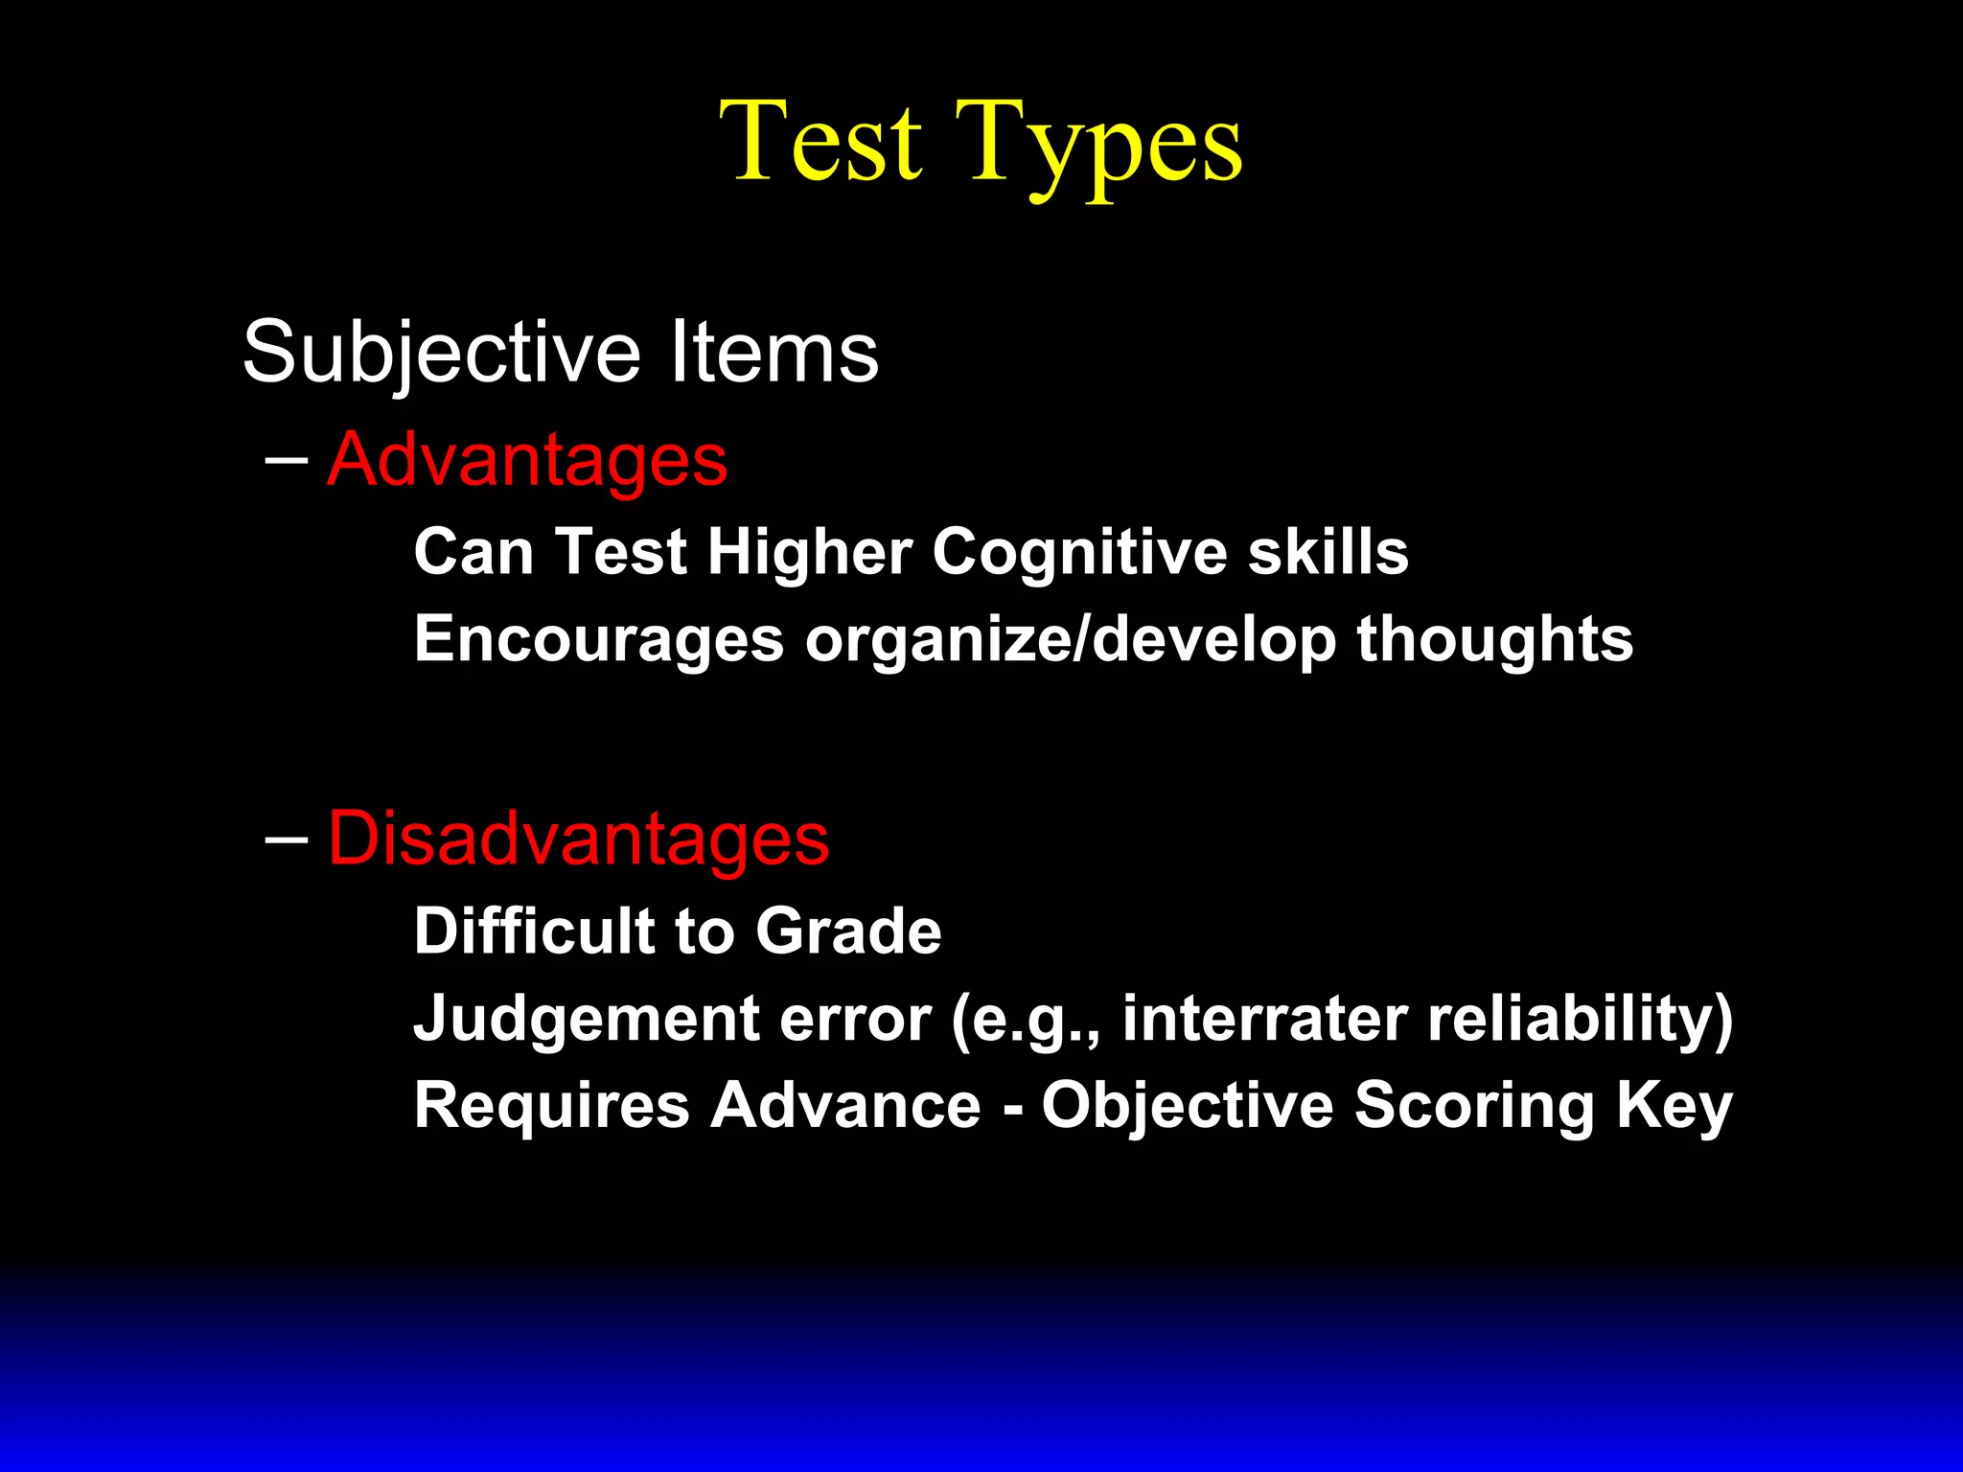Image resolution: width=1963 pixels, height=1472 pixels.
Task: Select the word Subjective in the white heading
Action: pyautogui.click(x=441, y=353)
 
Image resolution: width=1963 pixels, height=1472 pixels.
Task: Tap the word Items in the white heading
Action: pyautogui.click(x=774, y=353)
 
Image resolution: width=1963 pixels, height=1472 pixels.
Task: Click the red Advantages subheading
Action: pyautogui.click(x=527, y=461)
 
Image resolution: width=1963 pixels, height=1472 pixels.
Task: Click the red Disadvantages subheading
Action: pyautogui.click(x=578, y=839)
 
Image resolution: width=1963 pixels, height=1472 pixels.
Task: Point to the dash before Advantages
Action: pyautogui.click(x=286, y=461)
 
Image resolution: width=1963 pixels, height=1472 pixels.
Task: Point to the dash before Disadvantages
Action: pyautogui.click(x=286, y=839)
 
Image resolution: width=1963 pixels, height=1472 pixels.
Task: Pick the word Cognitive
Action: pyautogui.click(x=1079, y=553)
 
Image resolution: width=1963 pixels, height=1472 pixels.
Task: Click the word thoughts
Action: pyautogui.click(x=1494, y=639)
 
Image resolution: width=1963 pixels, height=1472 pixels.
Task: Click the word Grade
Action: pyautogui.click(x=848, y=931)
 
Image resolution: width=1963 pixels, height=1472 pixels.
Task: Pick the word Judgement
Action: pyautogui.click(x=586, y=1018)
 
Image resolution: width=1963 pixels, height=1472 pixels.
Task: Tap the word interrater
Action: pyautogui.click(x=1263, y=1018)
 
